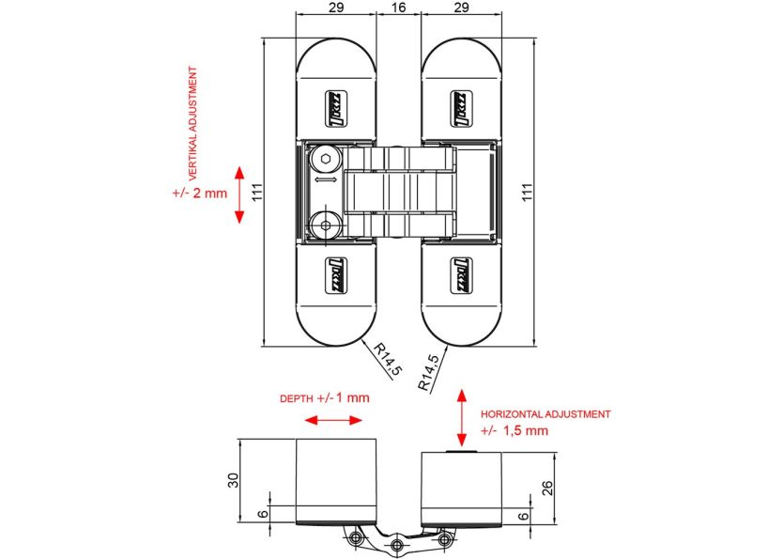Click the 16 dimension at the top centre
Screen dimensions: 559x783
[x=398, y=8]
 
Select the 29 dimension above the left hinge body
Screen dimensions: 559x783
[x=336, y=8]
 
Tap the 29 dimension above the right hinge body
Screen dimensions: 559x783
[x=460, y=8]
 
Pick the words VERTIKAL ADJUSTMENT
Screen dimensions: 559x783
[x=193, y=123]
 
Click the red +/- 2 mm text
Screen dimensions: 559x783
[x=200, y=194]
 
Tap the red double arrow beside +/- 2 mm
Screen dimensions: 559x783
[x=239, y=194]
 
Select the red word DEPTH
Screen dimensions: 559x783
[x=297, y=398]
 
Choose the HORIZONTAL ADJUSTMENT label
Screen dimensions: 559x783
[x=545, y=413]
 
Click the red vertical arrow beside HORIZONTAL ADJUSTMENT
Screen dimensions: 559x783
[x=461, y=417]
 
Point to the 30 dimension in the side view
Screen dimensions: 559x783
[x=233, y=480]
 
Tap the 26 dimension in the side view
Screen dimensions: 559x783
[x=546, y=489]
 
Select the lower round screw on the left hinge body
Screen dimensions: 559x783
[x=325, y=225]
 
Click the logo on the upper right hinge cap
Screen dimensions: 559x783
[x=461, y=101]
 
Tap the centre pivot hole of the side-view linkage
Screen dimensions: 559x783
[x=399, y=544]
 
